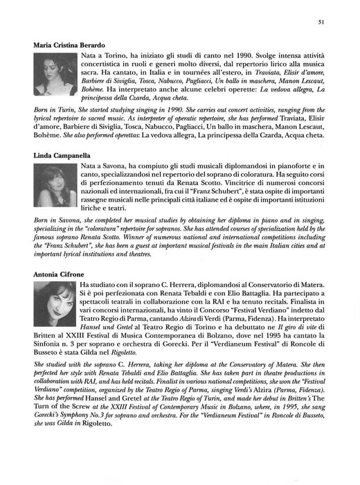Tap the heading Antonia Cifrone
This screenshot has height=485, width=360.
pyautogui.click(x=59, y=274)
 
